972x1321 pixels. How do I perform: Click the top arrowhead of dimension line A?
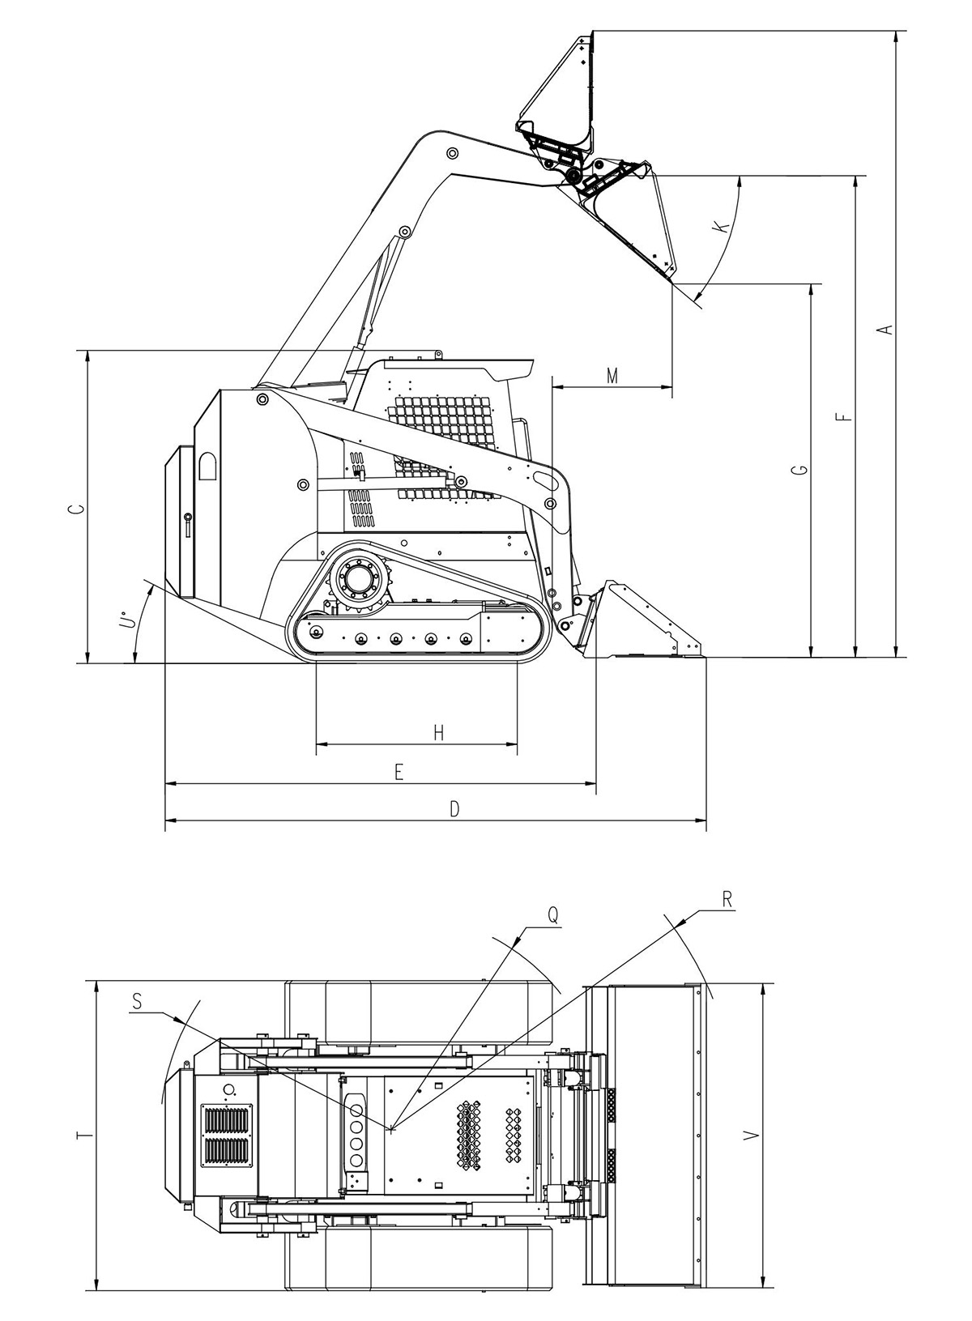[x=897, y=36]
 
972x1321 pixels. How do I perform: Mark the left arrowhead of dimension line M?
[x=558, y=387]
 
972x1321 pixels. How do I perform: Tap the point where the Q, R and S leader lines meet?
[x=391, y=1129]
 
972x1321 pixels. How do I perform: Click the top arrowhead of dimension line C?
[x=87, y=356]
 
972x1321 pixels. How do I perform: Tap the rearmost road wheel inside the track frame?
[x=316, y=633]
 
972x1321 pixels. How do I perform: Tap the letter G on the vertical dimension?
[x=799, y=470]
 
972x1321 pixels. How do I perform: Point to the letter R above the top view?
[x=727, y=899]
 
